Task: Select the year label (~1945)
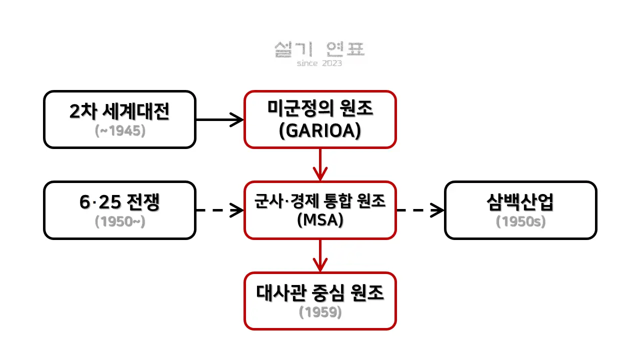click(x=120, y=131)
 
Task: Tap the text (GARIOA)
click(x=320, y=131)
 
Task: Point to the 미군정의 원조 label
click(x=320, y=108)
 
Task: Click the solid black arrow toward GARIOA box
click(x=219, y=119)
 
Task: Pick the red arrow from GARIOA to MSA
click(x=320, y=164)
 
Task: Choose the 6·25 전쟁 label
click(x=119, y=201)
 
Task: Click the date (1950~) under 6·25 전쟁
click(x=120, y=221)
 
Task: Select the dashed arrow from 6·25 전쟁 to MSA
click(x=219, y=210)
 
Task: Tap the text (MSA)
click(x=320, y=219)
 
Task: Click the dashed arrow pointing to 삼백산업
click(x=420, y=210)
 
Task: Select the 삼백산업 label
click(x=520, y=201)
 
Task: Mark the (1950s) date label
click(x=520, y=221)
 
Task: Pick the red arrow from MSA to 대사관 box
click(x=320, y=255)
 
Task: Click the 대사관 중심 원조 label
click(x=320, y=293)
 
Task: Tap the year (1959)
click(x=320, y=312)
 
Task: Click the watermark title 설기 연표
click(x=319, y=49)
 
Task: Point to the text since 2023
click(x=319, y=63)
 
